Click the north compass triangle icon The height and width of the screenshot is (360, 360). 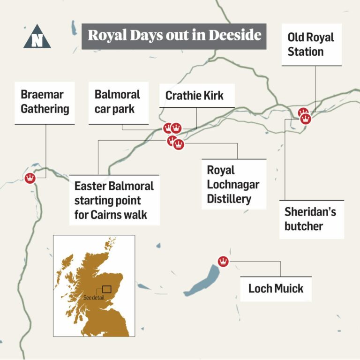point(37,37)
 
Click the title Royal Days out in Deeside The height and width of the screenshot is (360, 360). point(174,36)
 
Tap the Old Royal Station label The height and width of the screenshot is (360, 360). point(312,45)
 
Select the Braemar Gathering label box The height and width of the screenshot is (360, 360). point(45,102)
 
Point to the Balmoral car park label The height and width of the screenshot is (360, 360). point(118,102)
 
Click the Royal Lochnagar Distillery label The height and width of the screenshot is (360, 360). point(233,184)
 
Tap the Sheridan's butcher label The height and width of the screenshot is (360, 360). point(310,219)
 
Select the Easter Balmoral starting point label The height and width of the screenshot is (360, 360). point(114,200)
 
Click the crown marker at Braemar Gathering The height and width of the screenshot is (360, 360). point(30,178)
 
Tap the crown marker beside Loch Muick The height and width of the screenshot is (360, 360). point(224,262)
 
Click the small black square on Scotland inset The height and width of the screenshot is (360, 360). point(107,289)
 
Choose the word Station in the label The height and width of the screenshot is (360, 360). point(306,52)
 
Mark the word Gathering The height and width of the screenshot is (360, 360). point(45,109)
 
